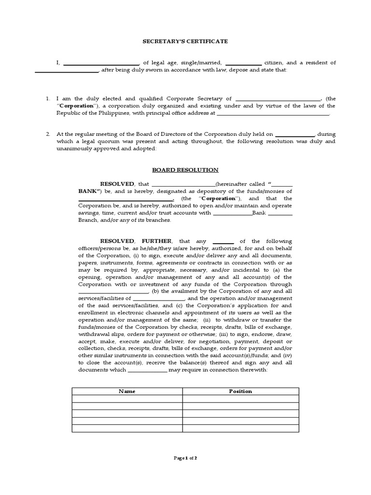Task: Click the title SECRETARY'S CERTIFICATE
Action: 185,42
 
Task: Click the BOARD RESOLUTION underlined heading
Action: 185,170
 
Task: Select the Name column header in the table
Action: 127,391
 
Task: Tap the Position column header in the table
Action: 240,391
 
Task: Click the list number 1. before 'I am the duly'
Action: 48,98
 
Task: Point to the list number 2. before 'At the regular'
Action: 48,134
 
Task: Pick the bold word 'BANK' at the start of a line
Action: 88,191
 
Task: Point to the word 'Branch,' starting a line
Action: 88,220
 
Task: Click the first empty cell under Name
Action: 127,399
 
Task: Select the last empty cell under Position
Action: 240,428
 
